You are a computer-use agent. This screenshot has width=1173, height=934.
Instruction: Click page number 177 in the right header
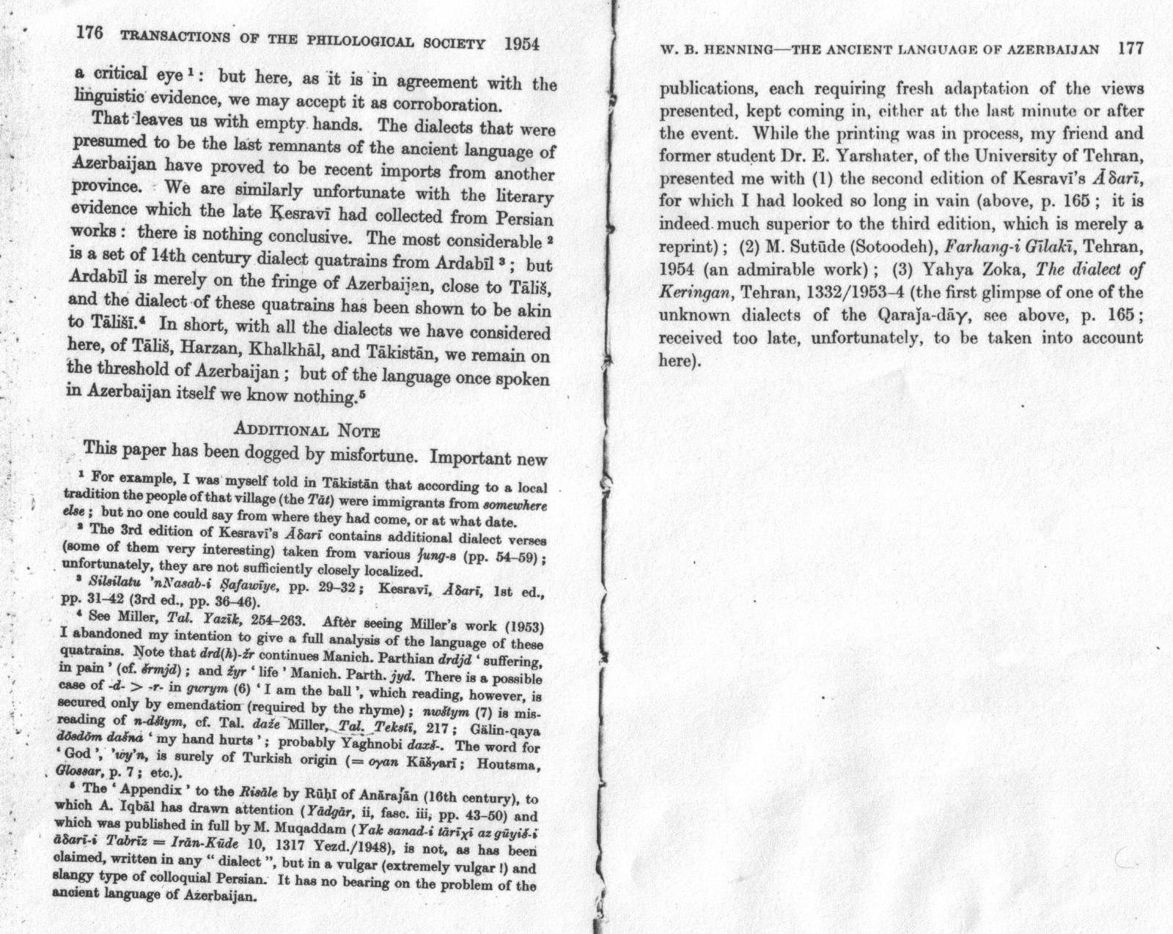(1130, 49)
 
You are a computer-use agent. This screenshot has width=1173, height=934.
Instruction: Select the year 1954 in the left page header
(521, 43)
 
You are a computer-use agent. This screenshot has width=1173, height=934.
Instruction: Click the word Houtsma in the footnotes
(509, 764)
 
